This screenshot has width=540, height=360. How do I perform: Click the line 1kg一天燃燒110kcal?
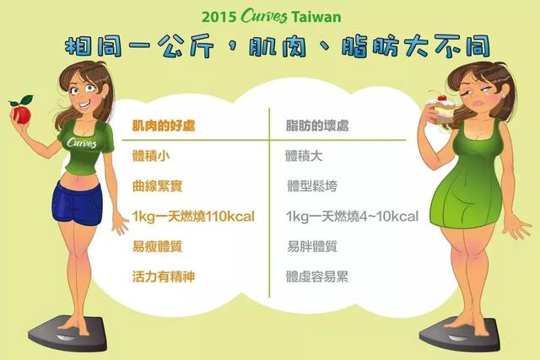[193, 217]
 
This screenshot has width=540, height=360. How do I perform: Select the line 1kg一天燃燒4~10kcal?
[352, 217]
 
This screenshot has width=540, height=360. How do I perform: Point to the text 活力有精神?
[163, 277]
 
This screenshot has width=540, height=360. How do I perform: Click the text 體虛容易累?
[318, 277]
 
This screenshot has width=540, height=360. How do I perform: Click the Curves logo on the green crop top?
[79, 143]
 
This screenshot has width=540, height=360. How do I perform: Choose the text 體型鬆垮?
[312, 186]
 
